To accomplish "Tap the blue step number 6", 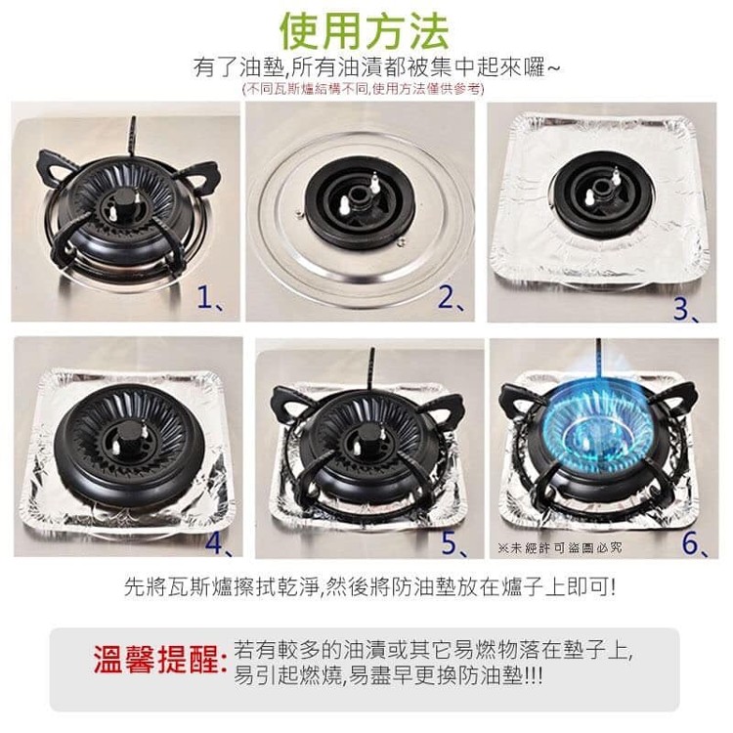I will [695, 543].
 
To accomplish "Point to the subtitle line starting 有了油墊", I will [376, 68].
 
